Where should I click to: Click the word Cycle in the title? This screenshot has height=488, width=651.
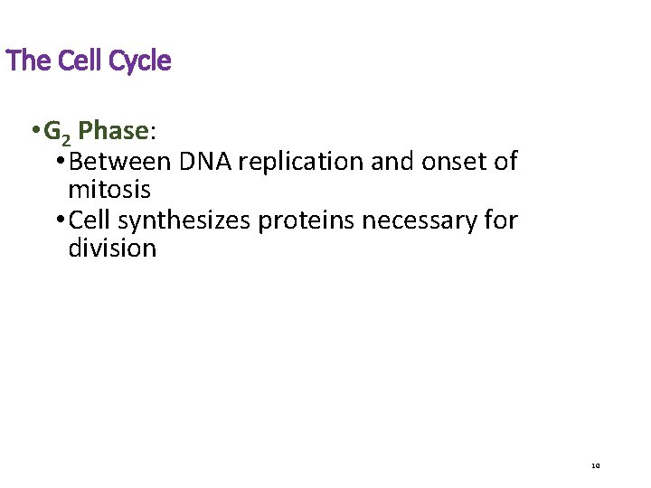point(139,61)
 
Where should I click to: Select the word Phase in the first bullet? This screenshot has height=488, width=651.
point(113,132)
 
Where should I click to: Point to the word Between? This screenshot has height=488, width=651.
point(120,162)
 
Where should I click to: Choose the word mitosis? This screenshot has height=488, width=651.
point(109,191)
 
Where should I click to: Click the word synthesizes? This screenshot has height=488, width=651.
point(184,221)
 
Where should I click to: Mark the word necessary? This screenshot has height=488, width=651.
point(422,221)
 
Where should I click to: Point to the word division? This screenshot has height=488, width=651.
point(112,249)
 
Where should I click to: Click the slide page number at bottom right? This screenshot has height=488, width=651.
point(595,466)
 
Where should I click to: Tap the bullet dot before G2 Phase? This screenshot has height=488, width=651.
point(33,132)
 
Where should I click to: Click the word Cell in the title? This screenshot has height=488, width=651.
point(80,61)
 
